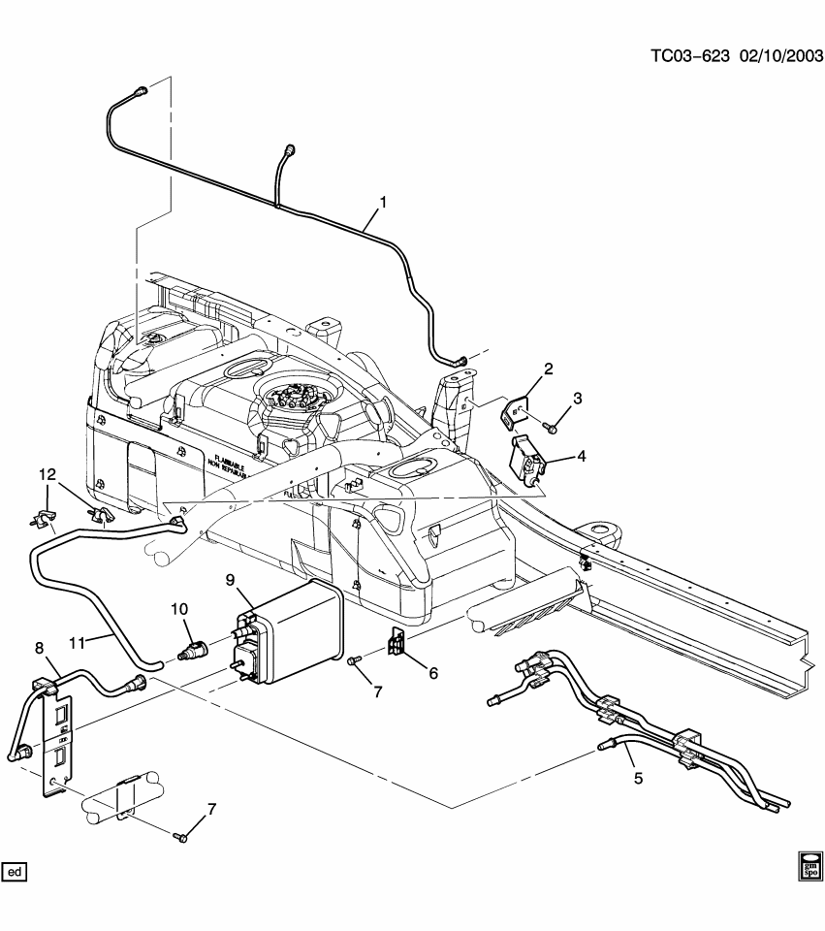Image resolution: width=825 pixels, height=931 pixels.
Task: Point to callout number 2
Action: click(x=548, y=369)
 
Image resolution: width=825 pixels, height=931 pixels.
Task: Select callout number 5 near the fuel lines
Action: click(x=637, y=778)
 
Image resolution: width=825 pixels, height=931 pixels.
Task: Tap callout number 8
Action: click(x=39, y=648)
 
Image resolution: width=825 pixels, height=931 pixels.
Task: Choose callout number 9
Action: click(x=231, y=581)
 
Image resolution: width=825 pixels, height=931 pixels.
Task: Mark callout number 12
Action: click(x=48, y=473)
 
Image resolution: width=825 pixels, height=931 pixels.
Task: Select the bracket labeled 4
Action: click(x=528, y=460)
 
